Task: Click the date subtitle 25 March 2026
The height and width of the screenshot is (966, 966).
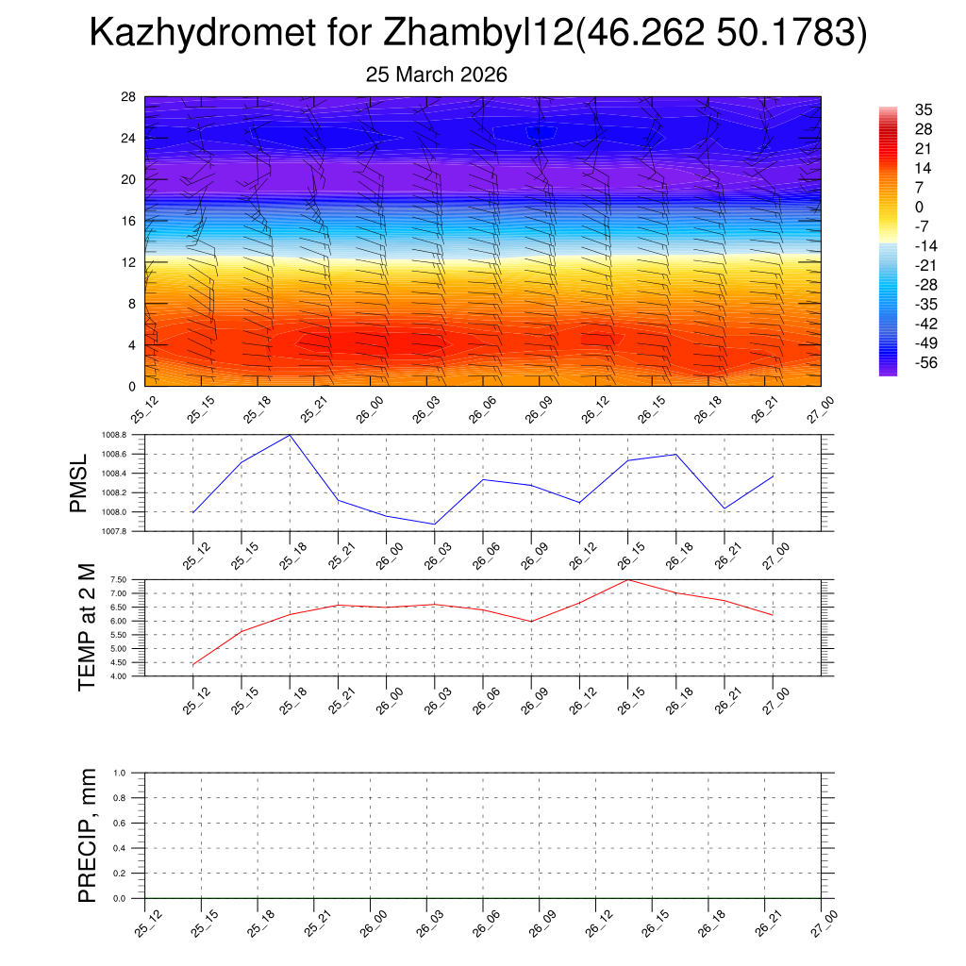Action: point(436,75)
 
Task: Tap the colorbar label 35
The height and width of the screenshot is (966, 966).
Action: point(924,109)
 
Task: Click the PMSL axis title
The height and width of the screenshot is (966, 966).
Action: point(79,483)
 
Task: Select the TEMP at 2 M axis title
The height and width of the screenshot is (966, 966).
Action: point(88,628)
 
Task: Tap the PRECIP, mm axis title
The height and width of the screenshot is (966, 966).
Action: point(88,835)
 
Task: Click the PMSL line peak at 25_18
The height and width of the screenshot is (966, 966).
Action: point(290,435)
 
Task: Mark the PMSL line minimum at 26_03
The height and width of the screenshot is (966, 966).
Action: point(434,524)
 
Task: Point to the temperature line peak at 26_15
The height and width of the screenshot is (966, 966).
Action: point(627,579)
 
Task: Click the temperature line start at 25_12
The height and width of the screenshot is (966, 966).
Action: point(192,665)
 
